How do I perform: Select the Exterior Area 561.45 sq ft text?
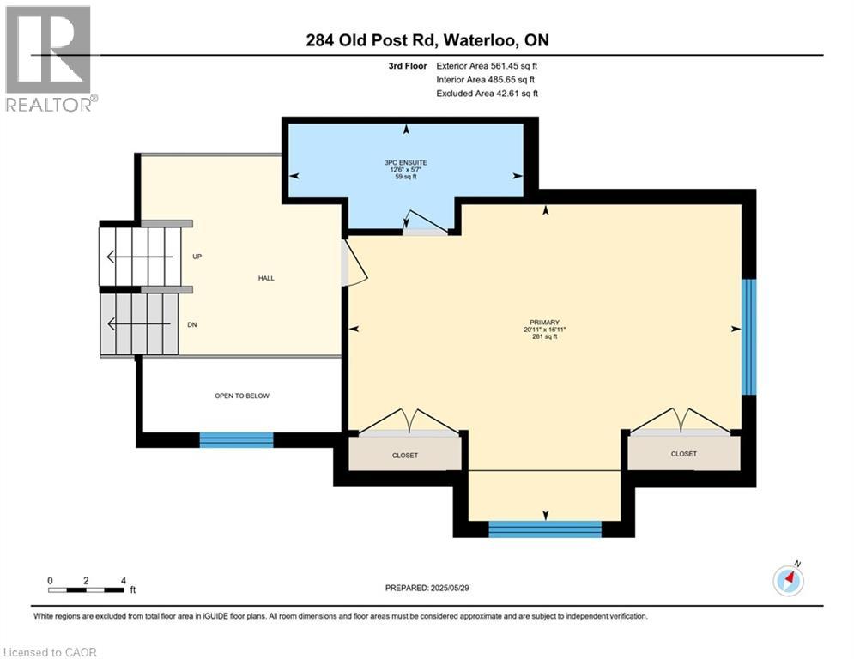[488, 66]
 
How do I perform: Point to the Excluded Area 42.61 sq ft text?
[488, 94]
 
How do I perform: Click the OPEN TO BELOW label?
[242, 396]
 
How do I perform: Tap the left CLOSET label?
[405, 455]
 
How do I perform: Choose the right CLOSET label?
[684, 453]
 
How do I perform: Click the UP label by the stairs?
[197, 257]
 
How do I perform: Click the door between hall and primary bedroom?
[354, 264]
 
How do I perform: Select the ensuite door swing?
[425, 221]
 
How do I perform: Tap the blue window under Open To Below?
[236, 439]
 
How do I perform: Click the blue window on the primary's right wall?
[748, 336]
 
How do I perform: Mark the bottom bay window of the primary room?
[545, 529]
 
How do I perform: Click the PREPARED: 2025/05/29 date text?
[427, 588]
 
